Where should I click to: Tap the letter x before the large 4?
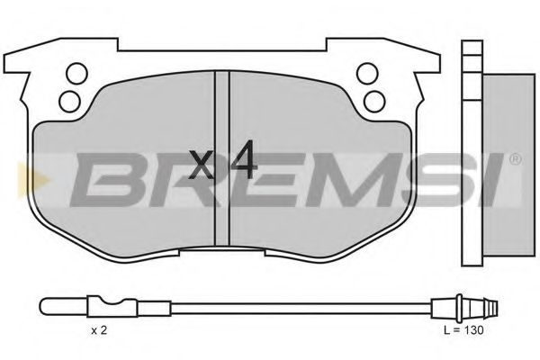(204, 165)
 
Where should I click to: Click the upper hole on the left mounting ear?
(77, 72)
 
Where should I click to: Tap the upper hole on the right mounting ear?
(366, 72)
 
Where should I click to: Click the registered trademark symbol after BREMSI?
(514, 161)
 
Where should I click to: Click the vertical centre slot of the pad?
(222, 162)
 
